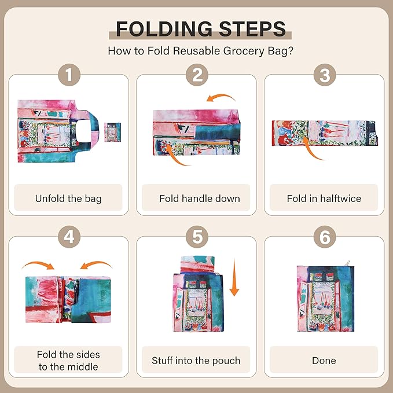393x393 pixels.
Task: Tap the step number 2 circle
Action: pos(196,75)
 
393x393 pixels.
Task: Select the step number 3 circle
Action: pos(324,75)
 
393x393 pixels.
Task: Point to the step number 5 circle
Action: pos(196,237)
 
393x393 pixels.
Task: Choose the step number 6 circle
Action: pos(324,237)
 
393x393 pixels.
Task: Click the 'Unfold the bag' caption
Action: pos(68,199)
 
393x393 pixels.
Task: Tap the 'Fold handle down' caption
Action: pos(196,199)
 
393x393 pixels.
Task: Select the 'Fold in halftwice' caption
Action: pos(324,199)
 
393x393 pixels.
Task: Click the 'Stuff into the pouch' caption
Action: pos(196,361)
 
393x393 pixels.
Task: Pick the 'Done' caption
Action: pos(324,361)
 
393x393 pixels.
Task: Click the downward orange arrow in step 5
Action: pos(234,278)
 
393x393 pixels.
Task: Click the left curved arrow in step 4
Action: pos(38,265)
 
